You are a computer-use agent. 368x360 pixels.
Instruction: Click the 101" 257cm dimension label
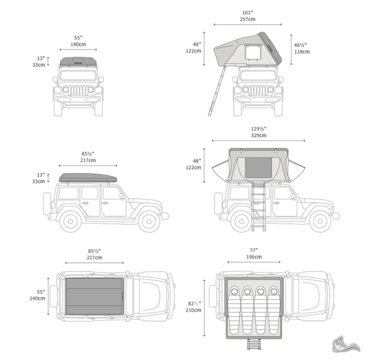pyautogui.click(x=248, y=16)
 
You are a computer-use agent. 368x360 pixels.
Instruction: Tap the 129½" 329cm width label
pyautogui.click(x=258, y=132)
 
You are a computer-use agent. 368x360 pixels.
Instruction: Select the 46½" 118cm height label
pyautogui.click(x=302, y=48)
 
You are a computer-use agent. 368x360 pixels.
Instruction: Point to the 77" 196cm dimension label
pyautogui.click(x=254, y=254)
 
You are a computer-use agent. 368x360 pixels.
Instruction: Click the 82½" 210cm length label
pyautogui.click(x=193, y=307)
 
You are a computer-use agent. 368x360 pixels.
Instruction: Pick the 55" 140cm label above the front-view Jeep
pyautogui.click(x=78, y=41)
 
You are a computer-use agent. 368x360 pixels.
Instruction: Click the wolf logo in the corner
pyautogui.click(x=346, y=344)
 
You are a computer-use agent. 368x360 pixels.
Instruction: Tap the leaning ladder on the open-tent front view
pyautogui.click(x=217, y=91)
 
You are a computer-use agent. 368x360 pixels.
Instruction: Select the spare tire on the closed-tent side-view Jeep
pyautogui.click(x=47, y=204)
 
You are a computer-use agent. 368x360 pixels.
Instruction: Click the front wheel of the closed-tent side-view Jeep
pyautogui.click(x=149, y=221)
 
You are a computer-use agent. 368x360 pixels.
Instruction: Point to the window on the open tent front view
pyautogui.click(x=253, y=52)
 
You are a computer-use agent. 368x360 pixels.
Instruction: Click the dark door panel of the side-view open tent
pyautogui.click(x=258, y=167)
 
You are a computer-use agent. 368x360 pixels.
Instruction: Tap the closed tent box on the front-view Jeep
pyautogui.click(x=78, y=62)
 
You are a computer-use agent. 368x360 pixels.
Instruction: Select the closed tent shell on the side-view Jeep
pyautogui.click(x=88, y=178)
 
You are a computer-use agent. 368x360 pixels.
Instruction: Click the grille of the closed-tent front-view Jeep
pyautogui.click(x=78, y=91)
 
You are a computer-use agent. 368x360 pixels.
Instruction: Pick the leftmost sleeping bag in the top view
pyautogui.click(x=234, y=310)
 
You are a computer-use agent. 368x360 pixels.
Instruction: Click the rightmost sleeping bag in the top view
pyautogui.click(x=274, y=310)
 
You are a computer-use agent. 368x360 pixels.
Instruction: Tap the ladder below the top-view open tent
pyautogui.click(x=254, y=344)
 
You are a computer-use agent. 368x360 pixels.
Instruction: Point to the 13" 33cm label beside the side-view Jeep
pyautogui.click(x=39, y=178)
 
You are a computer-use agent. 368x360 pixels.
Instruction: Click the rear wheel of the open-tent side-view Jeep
pyautogui.click(x=241, y=221)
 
